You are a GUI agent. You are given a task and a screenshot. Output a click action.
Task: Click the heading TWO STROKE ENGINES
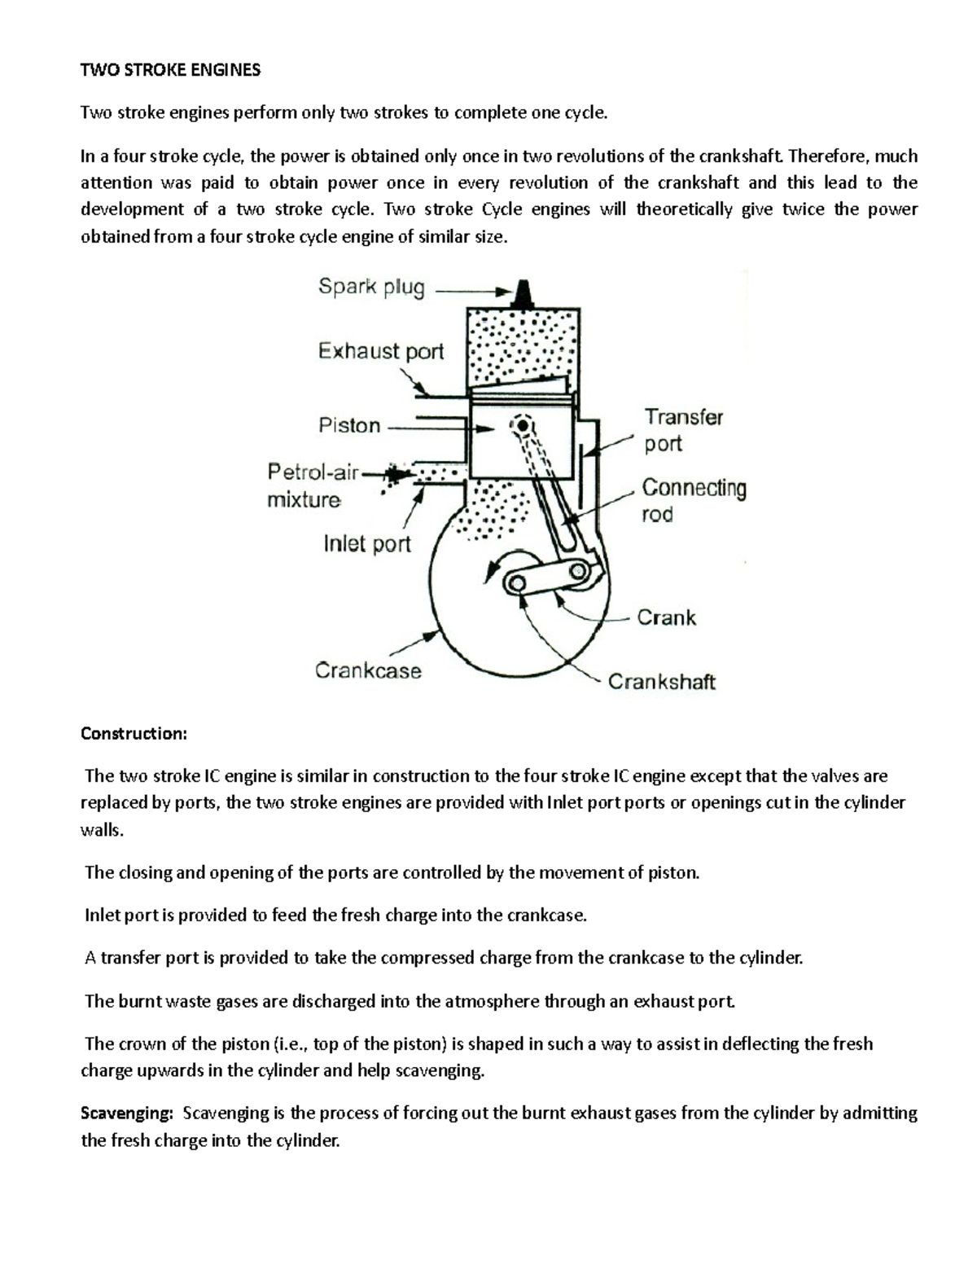point(170,70)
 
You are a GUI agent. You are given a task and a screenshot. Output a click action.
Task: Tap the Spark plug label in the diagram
point(371,288)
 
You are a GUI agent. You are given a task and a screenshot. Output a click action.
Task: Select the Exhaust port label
point(380,352)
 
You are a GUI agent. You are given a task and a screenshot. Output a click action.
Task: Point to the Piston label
point(349,425)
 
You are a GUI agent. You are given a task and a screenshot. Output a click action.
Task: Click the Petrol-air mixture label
point(313,485)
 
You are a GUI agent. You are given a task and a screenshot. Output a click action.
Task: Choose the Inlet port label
point(367,544)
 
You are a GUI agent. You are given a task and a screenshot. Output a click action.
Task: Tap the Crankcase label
point(368,671)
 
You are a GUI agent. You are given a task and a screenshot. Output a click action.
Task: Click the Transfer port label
point(683,430)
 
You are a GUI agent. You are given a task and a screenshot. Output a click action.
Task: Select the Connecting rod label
point(694,500)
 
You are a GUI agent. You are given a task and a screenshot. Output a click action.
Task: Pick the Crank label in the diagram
point(666,617)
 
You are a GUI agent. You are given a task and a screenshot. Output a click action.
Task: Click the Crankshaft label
point(661,682)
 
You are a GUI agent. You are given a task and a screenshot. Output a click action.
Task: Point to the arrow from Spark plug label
point(472,290)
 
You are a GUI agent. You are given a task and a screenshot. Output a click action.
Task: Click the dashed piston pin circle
point(521,424)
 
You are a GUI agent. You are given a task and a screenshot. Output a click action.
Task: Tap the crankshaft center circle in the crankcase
point(516,582)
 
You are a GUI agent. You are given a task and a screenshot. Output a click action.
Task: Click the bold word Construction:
point(134,734)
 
